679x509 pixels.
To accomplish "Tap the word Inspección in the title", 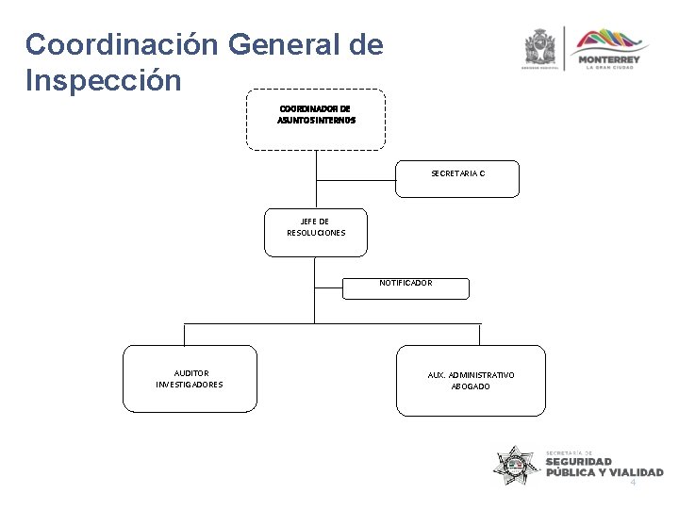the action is (103, 80).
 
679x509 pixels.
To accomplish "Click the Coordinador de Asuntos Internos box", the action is (316, 119).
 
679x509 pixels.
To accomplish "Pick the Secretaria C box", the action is (457, 178).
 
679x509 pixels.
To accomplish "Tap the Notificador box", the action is (406, 287).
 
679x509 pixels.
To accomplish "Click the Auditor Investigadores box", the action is (190, 379).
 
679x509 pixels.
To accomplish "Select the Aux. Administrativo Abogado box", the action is (471, 381).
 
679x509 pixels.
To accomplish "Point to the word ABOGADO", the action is (471, 386).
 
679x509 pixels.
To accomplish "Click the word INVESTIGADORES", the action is (190, 385).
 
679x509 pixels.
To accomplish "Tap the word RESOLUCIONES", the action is (316, 232).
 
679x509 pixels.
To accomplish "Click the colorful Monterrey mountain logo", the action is (612, 42).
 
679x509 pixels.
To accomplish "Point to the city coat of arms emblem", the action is (540, 46).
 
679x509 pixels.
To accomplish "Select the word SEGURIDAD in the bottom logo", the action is (579, 462).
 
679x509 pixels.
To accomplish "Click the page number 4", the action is (633, 482).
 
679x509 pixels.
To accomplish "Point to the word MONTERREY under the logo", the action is (612, 59).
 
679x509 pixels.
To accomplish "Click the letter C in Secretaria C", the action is (481, 173).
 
